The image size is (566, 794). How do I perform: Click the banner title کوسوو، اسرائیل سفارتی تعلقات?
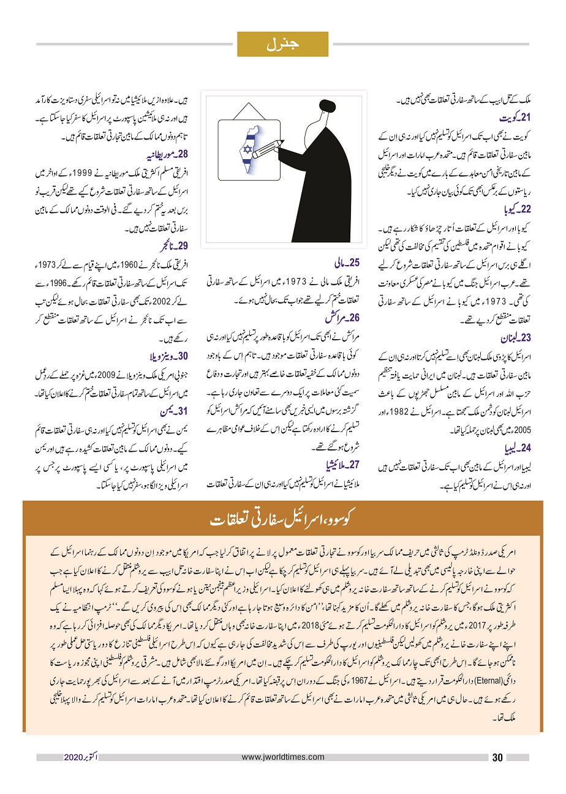point(282,520)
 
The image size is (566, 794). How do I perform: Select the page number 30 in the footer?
point(497,757)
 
